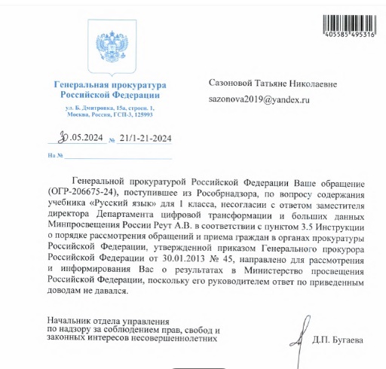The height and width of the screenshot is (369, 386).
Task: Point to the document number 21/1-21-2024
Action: pyautogui.click(x=146, y=139)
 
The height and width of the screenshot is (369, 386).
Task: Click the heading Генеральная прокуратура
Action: pyautogui.click(x=108, y=83)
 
